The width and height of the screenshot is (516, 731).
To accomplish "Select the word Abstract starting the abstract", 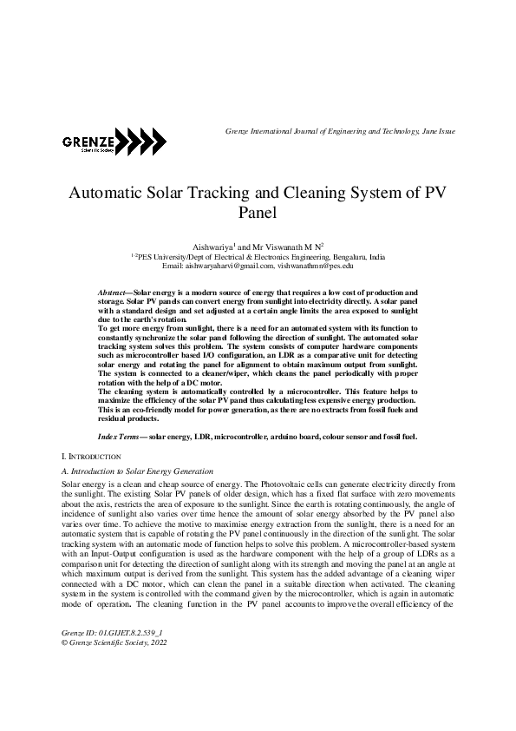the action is (x=114, y=294).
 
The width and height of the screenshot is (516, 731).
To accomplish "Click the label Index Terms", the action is (x=119, y=436).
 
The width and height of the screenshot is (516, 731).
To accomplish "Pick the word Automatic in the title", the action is (x=106, y=194).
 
